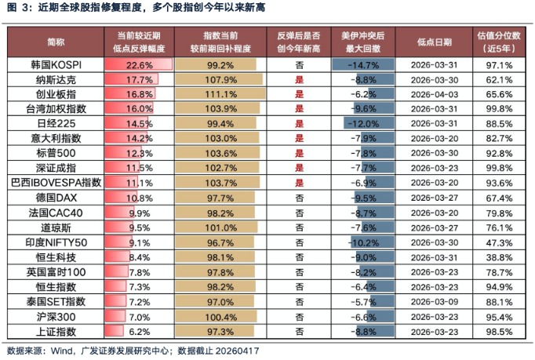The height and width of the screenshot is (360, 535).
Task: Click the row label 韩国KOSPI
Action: click(x=56, y=64)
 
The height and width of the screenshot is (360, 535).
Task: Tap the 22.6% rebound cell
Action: click(x=138, y=64)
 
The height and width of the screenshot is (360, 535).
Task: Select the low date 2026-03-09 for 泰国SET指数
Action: click(x=435, y=301)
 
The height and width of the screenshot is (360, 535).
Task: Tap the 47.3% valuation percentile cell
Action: click(x=499, y=242)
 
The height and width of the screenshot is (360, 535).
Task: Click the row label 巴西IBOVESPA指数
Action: click(x=56, y=182)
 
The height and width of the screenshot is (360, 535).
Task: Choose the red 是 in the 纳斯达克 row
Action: click(x=299, y=79)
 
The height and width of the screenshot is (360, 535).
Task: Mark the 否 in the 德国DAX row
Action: click(x=299, y=197)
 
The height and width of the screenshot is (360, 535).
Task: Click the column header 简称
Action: click(x=56, y=41)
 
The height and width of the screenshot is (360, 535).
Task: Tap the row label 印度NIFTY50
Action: click(x=56, y=242)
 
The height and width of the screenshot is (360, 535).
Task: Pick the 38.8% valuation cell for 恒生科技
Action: click(x=499, y=256)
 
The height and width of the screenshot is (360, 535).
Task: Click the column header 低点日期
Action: click(x=435, y=41)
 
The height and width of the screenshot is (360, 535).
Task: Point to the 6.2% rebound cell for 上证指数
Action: click(x=138, y=331)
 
